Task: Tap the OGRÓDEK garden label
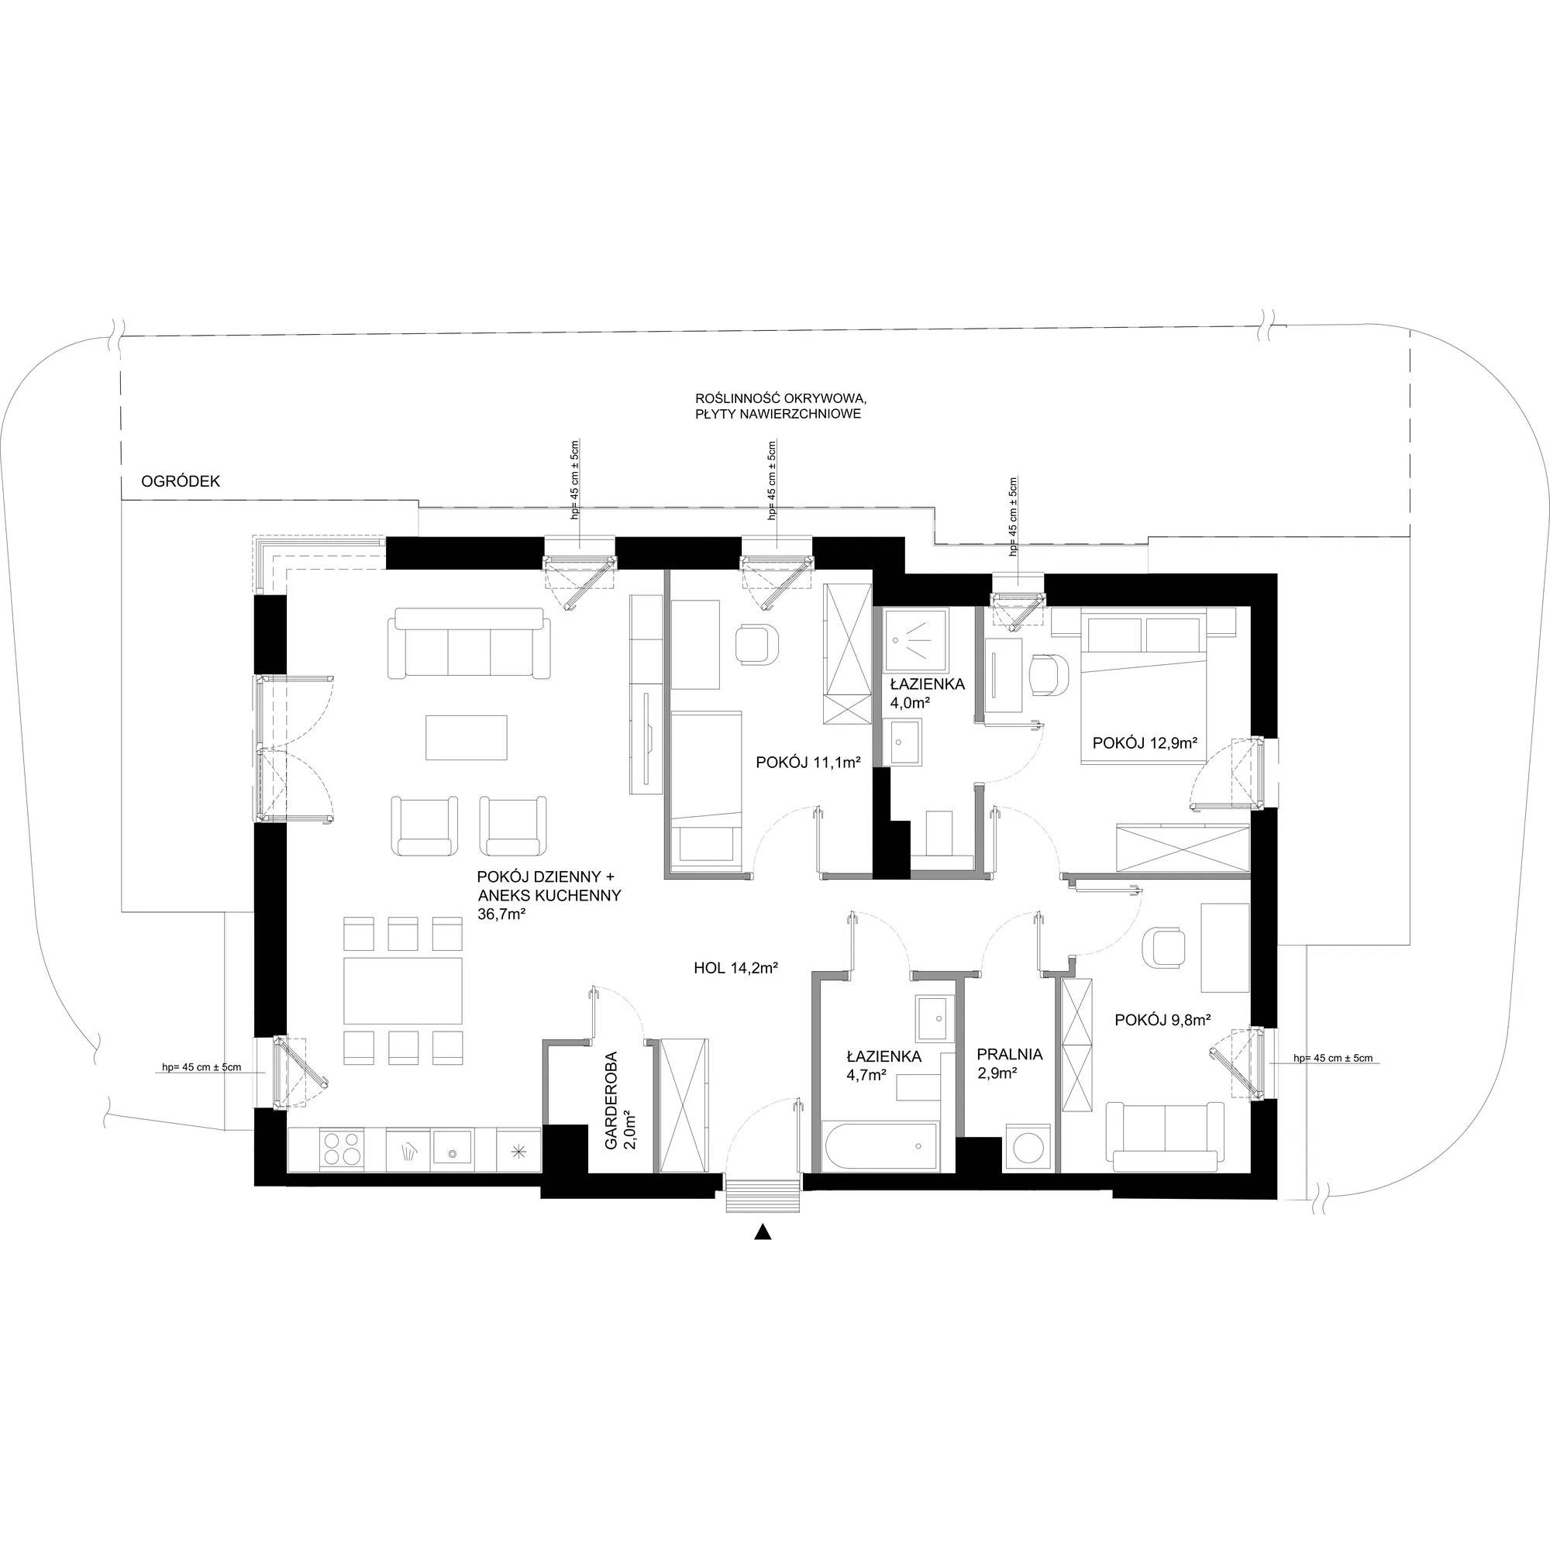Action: point(181,481)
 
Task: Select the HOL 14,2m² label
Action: point(736,968)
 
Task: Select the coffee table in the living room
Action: point(466,737)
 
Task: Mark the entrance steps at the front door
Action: point(763,1195)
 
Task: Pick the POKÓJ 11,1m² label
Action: point(808,762)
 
